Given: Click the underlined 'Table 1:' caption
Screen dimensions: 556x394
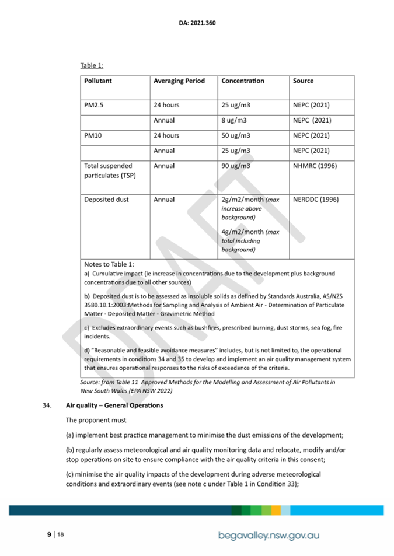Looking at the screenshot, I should click(92, 66).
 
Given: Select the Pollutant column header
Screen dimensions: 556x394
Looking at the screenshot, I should click(98, 81).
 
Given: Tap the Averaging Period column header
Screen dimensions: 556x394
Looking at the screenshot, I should click(179, 81).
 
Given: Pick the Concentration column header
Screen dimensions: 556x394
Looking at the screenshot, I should click(243, 81).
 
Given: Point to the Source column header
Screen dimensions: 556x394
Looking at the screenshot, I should click(303, 81).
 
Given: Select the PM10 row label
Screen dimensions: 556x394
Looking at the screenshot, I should click(93, 135).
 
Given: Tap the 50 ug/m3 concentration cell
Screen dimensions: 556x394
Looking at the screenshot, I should click(236, 135).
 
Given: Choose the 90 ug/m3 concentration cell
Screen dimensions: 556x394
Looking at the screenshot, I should click(236, 166).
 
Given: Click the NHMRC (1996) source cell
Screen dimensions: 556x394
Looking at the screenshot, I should click(315, 166).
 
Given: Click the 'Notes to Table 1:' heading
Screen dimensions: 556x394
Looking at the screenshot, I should click(109, 264).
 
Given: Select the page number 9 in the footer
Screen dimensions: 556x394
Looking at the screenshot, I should click(49, 534).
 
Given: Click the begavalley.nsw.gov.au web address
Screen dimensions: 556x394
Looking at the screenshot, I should click(269, 534).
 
